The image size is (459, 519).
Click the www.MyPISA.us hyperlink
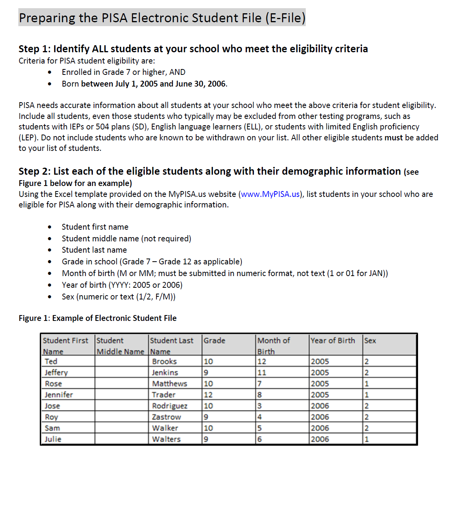(270, 194)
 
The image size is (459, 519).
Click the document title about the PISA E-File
(162, 18)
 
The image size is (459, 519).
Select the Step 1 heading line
(193, 49)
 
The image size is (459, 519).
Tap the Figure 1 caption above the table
(97, 318)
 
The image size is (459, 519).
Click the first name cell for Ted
(51, 361)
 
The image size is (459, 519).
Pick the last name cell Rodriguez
(170, 406)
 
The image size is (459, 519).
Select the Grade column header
(214, 340)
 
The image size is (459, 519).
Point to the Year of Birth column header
(333, 340)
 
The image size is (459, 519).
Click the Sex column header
(370, 340)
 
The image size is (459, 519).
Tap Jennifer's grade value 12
(208, 395)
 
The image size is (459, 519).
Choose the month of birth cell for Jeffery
(262, 372)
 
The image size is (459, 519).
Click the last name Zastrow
(167, 417)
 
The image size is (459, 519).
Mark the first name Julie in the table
(53, 439)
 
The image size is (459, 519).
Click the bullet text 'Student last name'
(94, 250)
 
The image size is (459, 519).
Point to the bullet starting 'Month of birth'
(225, 273)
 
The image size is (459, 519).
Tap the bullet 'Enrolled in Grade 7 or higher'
(123, 72)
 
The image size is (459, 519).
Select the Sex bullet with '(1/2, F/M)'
(119, 297)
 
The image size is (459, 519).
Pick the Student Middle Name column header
(120, 346)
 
